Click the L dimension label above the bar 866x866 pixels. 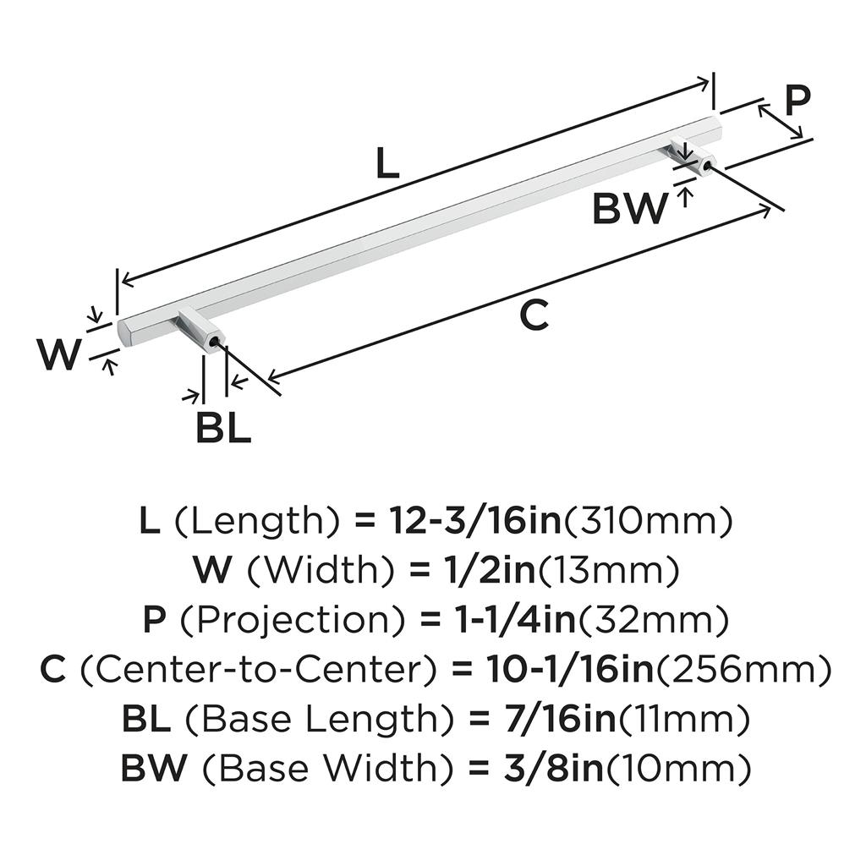click(386, 164)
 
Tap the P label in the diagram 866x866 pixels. click(796, 101)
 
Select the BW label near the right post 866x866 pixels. click(628, 209)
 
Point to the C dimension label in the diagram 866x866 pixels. click(534, 315)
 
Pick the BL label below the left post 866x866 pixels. click(223, 429)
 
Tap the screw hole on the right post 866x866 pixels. click(704, 164)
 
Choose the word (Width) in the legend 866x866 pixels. click(321, 573)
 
